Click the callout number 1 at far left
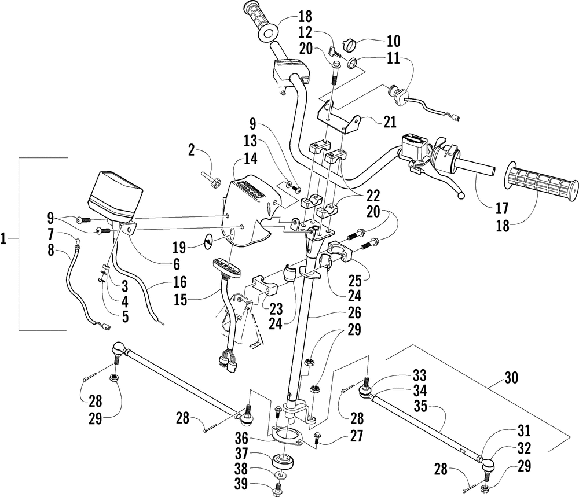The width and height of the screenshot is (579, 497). point(3,240)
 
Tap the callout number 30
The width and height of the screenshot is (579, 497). point(511,377)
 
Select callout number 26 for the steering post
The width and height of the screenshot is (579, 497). point(354,312)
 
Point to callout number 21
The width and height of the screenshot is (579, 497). point(390,122)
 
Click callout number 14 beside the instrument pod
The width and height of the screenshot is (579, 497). point(250,159)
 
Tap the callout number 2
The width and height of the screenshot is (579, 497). point(191,150)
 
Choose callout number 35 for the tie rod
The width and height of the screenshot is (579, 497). point(420,406)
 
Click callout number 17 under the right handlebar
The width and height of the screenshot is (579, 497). point(502,208)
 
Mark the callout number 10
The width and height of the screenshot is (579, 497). point(394,41)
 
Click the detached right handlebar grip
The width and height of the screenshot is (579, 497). point(541,182)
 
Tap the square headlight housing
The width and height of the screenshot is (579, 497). point(115,197)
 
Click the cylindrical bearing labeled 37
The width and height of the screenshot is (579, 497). point(284,461)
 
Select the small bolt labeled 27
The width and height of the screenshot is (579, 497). point(317,439)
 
